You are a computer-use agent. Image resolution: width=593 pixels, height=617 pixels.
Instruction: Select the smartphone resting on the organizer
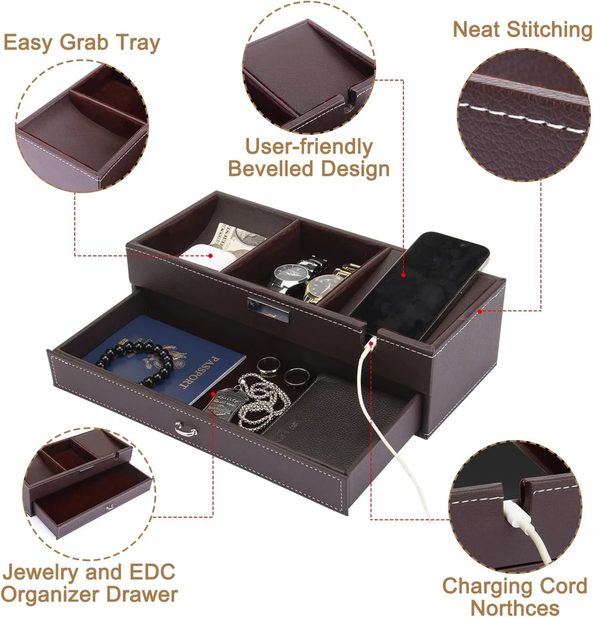coord(419,285)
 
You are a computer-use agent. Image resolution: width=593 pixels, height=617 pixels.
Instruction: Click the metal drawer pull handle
coord(186,429)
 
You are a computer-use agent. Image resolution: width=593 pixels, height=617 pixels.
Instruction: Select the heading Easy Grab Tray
coord(82,43)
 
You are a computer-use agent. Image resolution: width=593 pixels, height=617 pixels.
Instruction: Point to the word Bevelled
coord(272,169)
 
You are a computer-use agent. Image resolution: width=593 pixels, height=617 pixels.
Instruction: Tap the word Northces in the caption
coord(515,608)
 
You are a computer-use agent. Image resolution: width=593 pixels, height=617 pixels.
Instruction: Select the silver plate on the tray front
coord(268,309)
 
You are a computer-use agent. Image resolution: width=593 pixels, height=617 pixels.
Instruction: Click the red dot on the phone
coord(403,275)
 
